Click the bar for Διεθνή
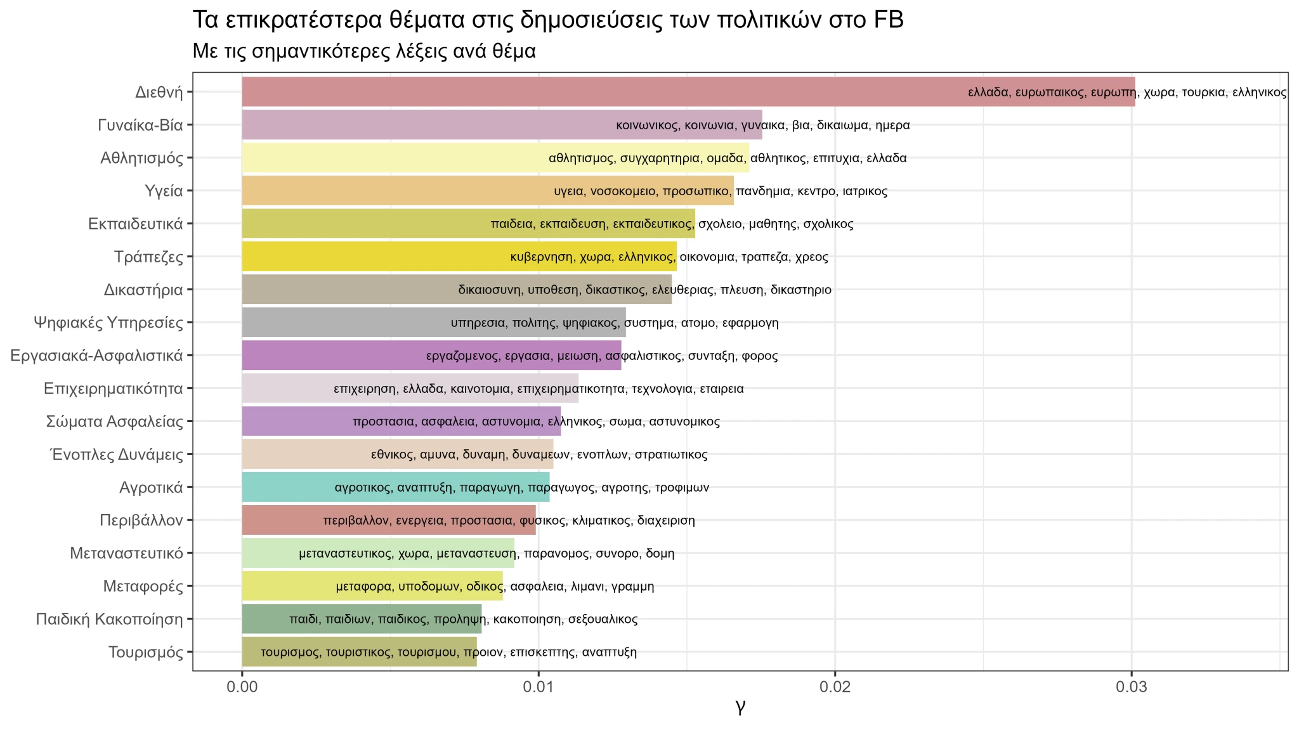tap(603, 92)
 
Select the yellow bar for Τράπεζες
tap(381, 257)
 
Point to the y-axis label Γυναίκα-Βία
tap(140, 125)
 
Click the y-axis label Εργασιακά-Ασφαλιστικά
tap(96, 355)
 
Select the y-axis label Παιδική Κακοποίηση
tap(109, 619)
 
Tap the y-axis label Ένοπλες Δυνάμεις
tap(117, 454)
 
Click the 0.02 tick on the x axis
tap(835, 688)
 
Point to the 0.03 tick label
tap(1132, 688)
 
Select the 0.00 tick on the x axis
tap(242, 688)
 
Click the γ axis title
tap(740, 705)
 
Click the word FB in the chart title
tap(888, 20)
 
